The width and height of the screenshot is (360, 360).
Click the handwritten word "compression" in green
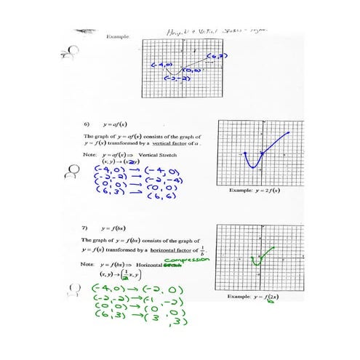point(187,258)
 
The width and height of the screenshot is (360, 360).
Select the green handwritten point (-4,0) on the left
point(106,290)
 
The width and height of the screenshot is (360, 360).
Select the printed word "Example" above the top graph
point(117,36)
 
